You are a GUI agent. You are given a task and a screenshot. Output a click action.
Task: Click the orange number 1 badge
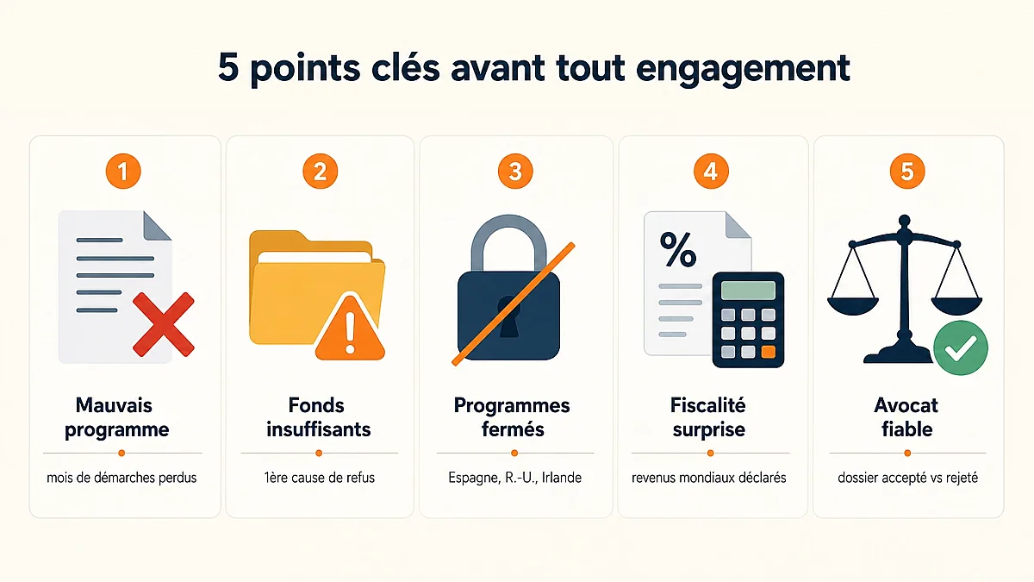pyautogui.click(x=123, y=172)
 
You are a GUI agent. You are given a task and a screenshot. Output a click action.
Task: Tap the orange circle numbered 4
pyautogui.click(x=712, y=172)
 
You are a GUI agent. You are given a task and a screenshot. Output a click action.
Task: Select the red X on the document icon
pyautogui.click(x=164, y=324)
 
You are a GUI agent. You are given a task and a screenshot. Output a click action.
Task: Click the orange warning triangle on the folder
pyautogui.click(x=350, y=327)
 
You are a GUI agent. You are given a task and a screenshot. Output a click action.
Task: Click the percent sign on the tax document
pyautogui.click(x=678, y=249)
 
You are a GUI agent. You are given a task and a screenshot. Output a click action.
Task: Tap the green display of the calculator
pyautogui.click(x=748, y=291)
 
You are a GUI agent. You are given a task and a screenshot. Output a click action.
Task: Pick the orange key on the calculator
pyautogui.click(x=768, y=352)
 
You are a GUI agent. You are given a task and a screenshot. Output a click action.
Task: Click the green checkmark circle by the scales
pyautogui.click(x=961, y=347)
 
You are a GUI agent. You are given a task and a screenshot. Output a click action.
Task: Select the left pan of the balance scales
pyautogui.click(x=853, y=306)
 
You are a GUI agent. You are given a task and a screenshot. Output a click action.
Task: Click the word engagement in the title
pyautogui.click(x=743, y=68)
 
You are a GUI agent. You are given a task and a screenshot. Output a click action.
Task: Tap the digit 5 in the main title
pyautogui.click(x=228, y=67)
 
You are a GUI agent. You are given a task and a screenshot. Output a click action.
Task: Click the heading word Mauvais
pyautogui.click(x=114, y=405)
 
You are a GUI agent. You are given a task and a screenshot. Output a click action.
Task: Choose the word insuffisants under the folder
pyautogui.click(x=319, y=429)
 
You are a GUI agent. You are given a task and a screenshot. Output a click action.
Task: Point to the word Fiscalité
pyautogui.click(x=708, y=405)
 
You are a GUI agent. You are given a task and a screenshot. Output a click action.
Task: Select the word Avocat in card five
pyautogui.click(x=906, y=405)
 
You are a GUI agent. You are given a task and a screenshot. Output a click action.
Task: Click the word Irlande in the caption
pyautogui.click(x=562, y=478)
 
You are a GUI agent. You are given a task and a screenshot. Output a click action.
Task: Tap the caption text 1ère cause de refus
pyautogui.click(x=320, y=478)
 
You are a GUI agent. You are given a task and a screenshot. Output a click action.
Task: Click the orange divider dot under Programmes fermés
pyautogui.click(x=514, y=454)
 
